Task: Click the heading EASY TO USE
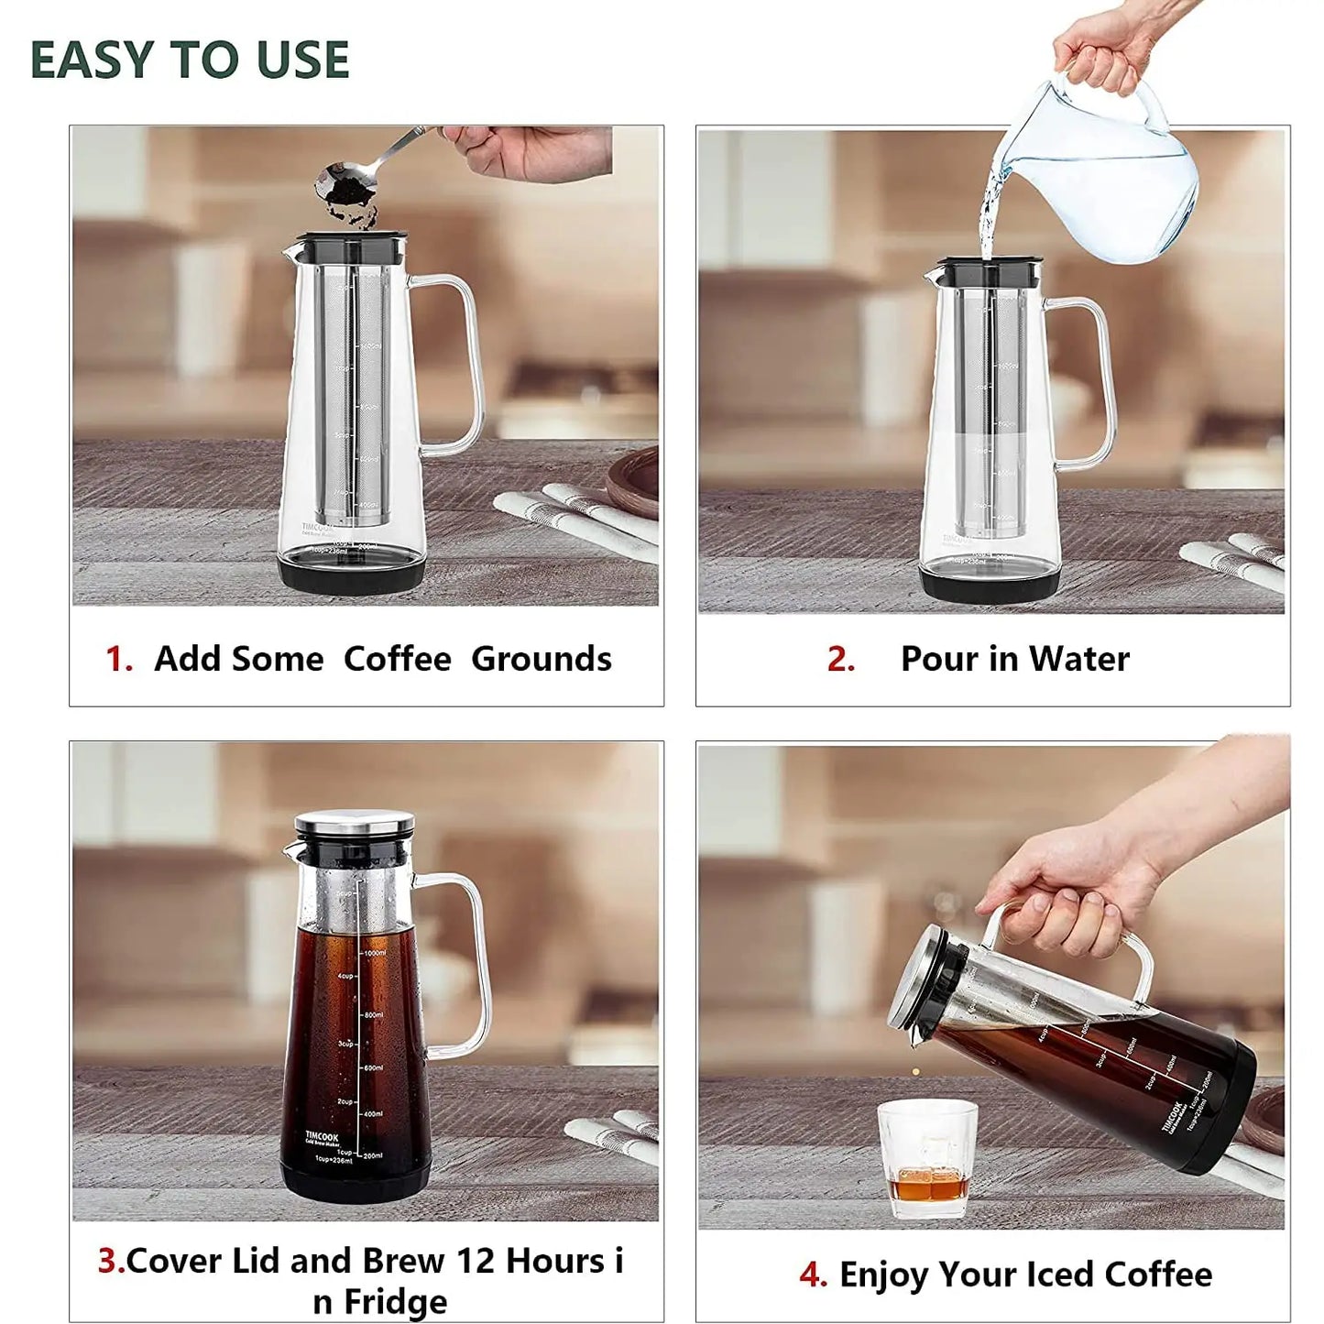coord(190,60)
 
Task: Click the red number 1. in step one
coord(119,659)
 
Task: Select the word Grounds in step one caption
coord(541,659)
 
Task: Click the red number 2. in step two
coord(840,659)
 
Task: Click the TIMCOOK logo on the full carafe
coord(322,1136)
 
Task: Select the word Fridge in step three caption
coord(395,1301)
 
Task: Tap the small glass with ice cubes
coord(927,1159)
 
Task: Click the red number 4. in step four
coord(813,1275)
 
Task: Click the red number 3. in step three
coord(111,1261)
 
